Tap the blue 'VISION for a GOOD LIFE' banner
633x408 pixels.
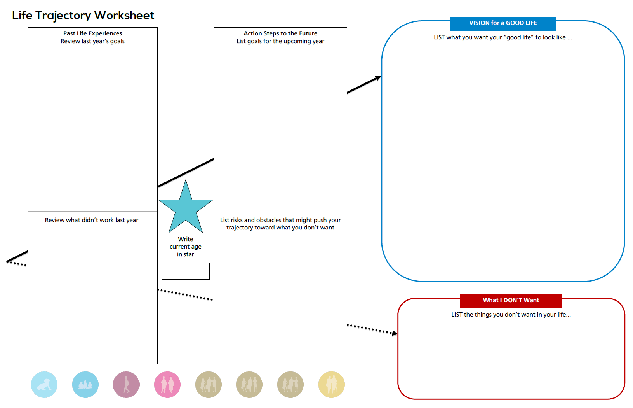click(503, 23)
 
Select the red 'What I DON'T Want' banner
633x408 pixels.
click(511, 301)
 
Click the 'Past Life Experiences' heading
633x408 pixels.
click(93, 33)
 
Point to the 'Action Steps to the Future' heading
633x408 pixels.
click(280, 33)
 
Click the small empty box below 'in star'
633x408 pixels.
click(185, 271)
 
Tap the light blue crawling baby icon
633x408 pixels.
click(44, 385)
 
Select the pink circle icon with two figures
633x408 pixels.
click(167, 385)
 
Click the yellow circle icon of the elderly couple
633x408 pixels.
click(332, 385)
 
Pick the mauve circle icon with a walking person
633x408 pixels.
click(126, 385)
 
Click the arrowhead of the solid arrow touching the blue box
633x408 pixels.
click(378, 78)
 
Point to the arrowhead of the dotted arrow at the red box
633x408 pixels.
click(395, 333)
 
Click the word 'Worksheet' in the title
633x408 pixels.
click(124, 15)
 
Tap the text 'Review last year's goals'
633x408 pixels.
click(92, 41)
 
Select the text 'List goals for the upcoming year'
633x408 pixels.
click(280, 41)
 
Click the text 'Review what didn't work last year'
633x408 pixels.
click(92, 220)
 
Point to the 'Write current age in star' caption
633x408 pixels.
click(185, 247)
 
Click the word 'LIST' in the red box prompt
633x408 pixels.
click(457, 315)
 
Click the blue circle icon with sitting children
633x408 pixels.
click(85, 385)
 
